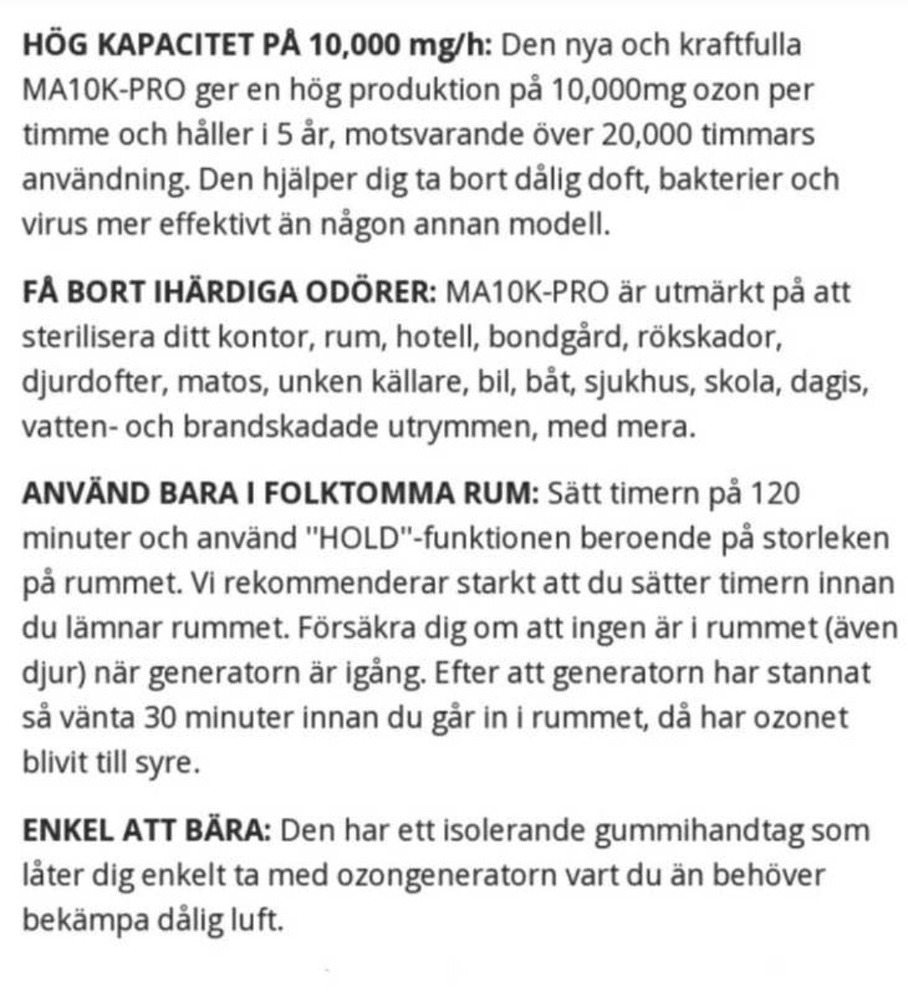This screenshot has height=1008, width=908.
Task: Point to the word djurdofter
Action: pos(95,383)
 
